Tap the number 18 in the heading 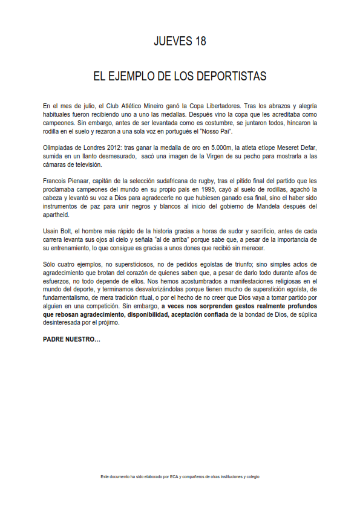[200, 42]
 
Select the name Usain [52, 232]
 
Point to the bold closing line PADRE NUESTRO [71, 340]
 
